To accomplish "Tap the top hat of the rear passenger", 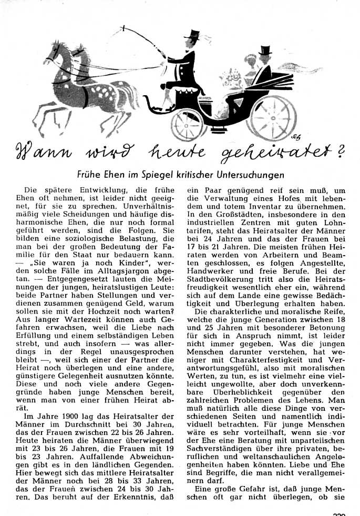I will (265, 51).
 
